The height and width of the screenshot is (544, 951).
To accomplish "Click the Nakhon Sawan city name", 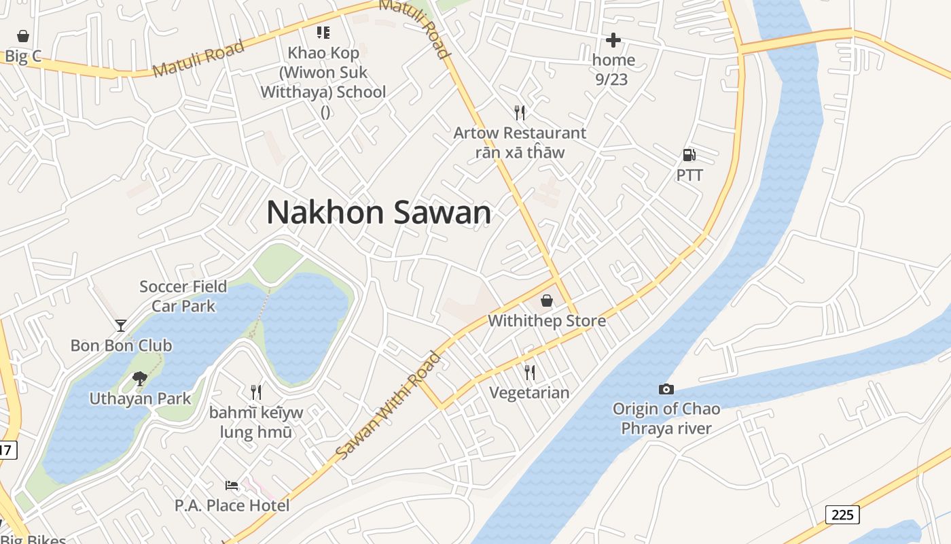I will click(378, 213).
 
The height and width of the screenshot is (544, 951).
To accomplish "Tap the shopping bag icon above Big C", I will click(23, 35).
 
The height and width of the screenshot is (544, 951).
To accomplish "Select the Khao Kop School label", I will click(323, 72).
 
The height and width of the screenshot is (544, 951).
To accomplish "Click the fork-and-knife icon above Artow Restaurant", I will click(520, 112).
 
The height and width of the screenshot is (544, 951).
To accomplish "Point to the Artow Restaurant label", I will click(520, 133).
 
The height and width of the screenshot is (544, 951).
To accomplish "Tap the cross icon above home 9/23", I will click(613, 40).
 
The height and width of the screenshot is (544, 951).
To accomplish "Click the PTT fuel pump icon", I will click(689, 156).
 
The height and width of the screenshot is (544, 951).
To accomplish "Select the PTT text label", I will click(689, 175).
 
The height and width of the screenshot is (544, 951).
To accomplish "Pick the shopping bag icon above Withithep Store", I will click(547, 301).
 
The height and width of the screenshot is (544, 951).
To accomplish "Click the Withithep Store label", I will click(547, 320).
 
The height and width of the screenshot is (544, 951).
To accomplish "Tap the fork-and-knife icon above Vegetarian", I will click(529, 373).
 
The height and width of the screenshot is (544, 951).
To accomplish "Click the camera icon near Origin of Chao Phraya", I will click(666, 389).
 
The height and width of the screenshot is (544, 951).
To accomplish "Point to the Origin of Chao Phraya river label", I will click(666, 418).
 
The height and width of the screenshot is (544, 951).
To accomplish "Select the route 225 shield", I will click(842, 515).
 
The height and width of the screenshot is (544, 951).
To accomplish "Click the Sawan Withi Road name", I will click(388, 405).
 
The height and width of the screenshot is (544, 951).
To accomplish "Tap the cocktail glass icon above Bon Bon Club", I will click(121, 326).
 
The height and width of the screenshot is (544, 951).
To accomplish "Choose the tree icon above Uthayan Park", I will click(140, 378).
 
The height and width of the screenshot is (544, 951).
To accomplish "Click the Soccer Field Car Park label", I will click(183, 296).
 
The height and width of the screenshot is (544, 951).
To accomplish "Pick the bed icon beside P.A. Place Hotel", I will click(232, 486).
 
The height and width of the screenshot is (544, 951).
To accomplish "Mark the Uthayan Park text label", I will click(141, 398).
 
